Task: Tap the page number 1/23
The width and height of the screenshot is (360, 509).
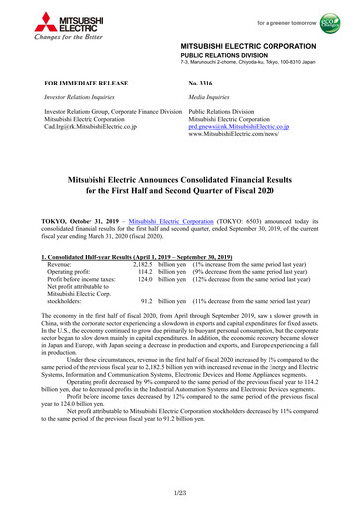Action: tap(180, 492)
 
